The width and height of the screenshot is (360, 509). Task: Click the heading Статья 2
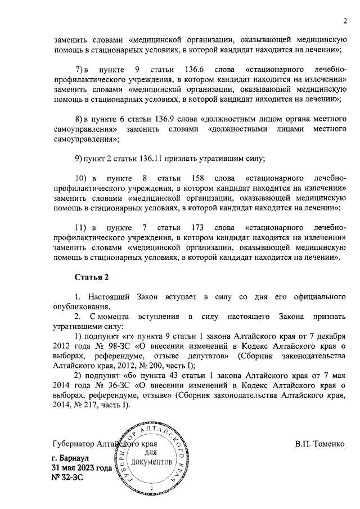click(91, 277)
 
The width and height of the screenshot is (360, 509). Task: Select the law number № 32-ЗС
click(67, 478)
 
